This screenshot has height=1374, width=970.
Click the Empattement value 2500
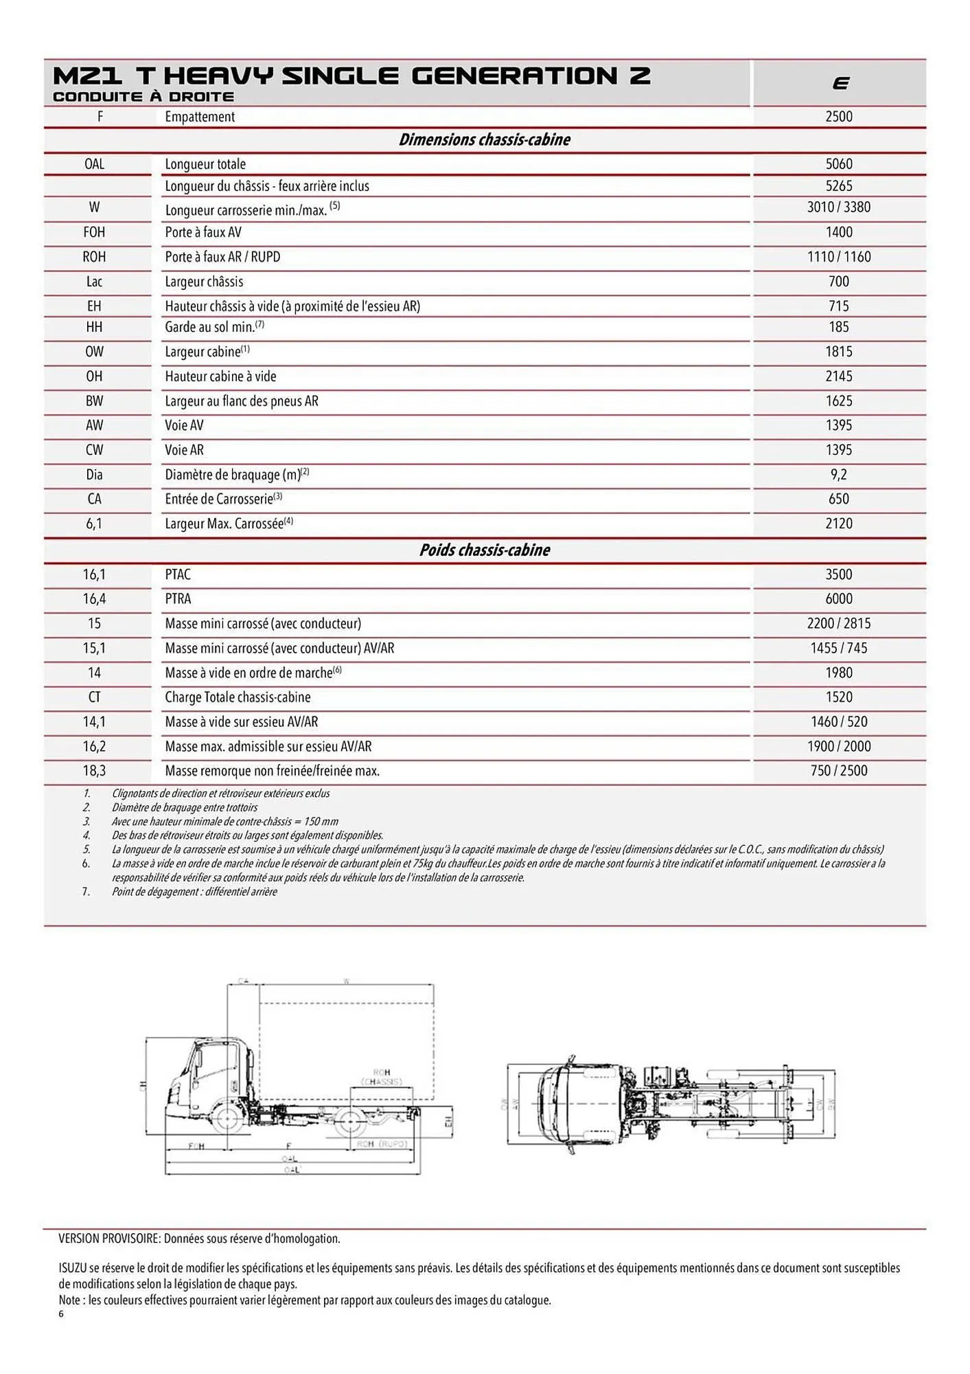(838, 117)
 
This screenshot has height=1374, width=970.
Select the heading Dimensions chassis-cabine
(484, 140)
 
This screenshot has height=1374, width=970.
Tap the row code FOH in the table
(94, 232)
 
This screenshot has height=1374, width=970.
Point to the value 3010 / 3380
(838, 207)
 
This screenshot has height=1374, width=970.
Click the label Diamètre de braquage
(232, 475)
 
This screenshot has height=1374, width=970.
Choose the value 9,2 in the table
(838, 475)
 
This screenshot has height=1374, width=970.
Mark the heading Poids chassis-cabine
(484, 550)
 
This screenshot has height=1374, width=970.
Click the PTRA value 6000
(838, 599)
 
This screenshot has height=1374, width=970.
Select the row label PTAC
(178, 574)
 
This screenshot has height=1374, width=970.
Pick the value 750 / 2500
(838, 771)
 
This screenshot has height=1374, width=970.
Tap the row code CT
(94, 697)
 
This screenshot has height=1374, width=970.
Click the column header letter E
(840, 84)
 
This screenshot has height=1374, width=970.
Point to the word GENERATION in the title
(514, 76)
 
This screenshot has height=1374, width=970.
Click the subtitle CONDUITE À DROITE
(143, 97)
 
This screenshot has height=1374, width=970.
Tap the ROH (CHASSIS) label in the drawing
(382, 1077)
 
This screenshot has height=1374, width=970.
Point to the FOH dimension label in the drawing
(196, 1146)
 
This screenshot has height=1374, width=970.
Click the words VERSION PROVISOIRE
(109, 1239)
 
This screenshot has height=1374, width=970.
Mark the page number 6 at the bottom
(61, 1314)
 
